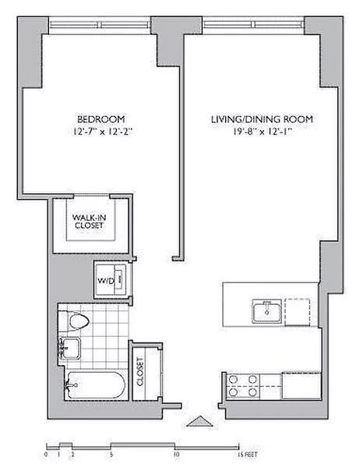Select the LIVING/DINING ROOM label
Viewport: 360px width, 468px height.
coord(262,119)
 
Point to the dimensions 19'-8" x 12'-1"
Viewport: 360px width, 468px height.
coord(262,132)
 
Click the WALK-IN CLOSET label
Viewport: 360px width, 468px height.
coord(88,220)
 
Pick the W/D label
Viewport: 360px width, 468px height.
coord(104,279)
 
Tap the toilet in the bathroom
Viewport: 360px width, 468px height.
coord(78,322)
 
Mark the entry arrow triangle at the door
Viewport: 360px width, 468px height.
coord(199,421)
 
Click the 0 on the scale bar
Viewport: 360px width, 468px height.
coord(47,452)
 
